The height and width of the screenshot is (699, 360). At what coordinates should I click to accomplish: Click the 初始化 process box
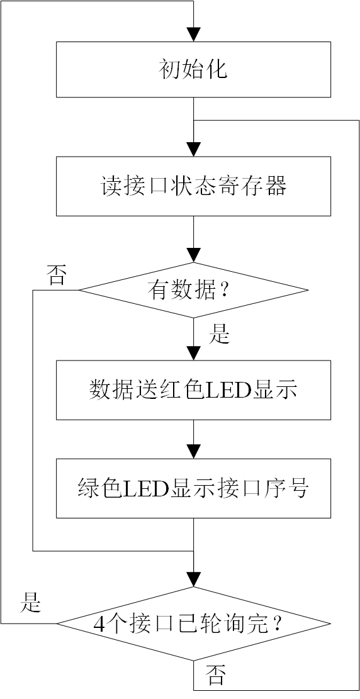193,69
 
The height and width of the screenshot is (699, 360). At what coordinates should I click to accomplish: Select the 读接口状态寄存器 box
193,186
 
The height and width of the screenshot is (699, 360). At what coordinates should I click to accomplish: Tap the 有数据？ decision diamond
193,290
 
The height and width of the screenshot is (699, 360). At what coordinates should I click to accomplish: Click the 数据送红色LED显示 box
193,390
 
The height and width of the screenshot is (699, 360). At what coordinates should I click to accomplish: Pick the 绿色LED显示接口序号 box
193,488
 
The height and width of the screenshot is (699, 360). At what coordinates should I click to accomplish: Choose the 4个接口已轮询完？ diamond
193,624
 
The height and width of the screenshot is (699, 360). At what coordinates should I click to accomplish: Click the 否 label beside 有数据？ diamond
57,276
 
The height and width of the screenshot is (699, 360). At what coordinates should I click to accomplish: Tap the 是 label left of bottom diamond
30,603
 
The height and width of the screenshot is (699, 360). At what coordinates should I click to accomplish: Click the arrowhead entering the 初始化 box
194,35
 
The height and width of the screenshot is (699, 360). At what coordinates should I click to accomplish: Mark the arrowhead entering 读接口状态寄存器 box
194,150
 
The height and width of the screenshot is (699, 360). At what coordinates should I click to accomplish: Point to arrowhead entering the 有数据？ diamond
194,255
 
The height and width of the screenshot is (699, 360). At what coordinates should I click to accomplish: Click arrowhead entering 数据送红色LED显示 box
194,353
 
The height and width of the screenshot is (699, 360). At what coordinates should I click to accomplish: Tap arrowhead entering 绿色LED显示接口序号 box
194,451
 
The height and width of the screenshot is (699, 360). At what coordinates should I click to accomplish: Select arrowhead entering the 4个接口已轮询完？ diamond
194,579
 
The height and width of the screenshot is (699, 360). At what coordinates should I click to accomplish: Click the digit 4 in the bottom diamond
99,624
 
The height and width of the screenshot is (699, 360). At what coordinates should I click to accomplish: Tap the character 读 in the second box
111,186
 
